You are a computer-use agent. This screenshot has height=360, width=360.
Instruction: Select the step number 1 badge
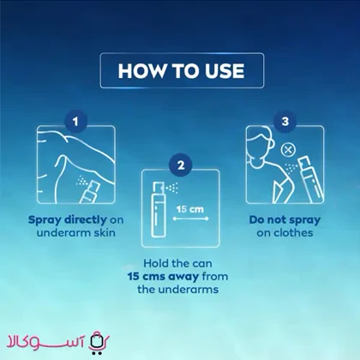click(75, 122)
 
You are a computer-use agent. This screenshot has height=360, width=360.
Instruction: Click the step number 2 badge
click(181, 165)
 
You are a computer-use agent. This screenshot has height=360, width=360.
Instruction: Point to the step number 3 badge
click(285, 122)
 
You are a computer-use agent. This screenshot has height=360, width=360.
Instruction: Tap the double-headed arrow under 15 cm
click(190, 219)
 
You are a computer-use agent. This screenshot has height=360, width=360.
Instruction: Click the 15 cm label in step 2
click(190, 209)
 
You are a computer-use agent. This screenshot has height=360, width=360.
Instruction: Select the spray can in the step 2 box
click(159, 209)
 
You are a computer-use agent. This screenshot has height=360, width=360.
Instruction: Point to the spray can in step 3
click(311, 179)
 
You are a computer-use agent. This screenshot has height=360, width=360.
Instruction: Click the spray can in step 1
click(90, 192)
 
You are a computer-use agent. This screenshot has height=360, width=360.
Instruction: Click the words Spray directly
click(68, 220)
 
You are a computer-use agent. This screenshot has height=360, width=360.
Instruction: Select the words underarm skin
click(76, 232)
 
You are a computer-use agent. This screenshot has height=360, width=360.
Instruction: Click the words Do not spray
click(285, 220)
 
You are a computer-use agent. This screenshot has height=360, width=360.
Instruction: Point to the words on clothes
click(285, 232)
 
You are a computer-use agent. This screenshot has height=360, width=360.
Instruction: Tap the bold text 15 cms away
click(163, 277)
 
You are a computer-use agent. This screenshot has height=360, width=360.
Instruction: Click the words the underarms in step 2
click(177, 290)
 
